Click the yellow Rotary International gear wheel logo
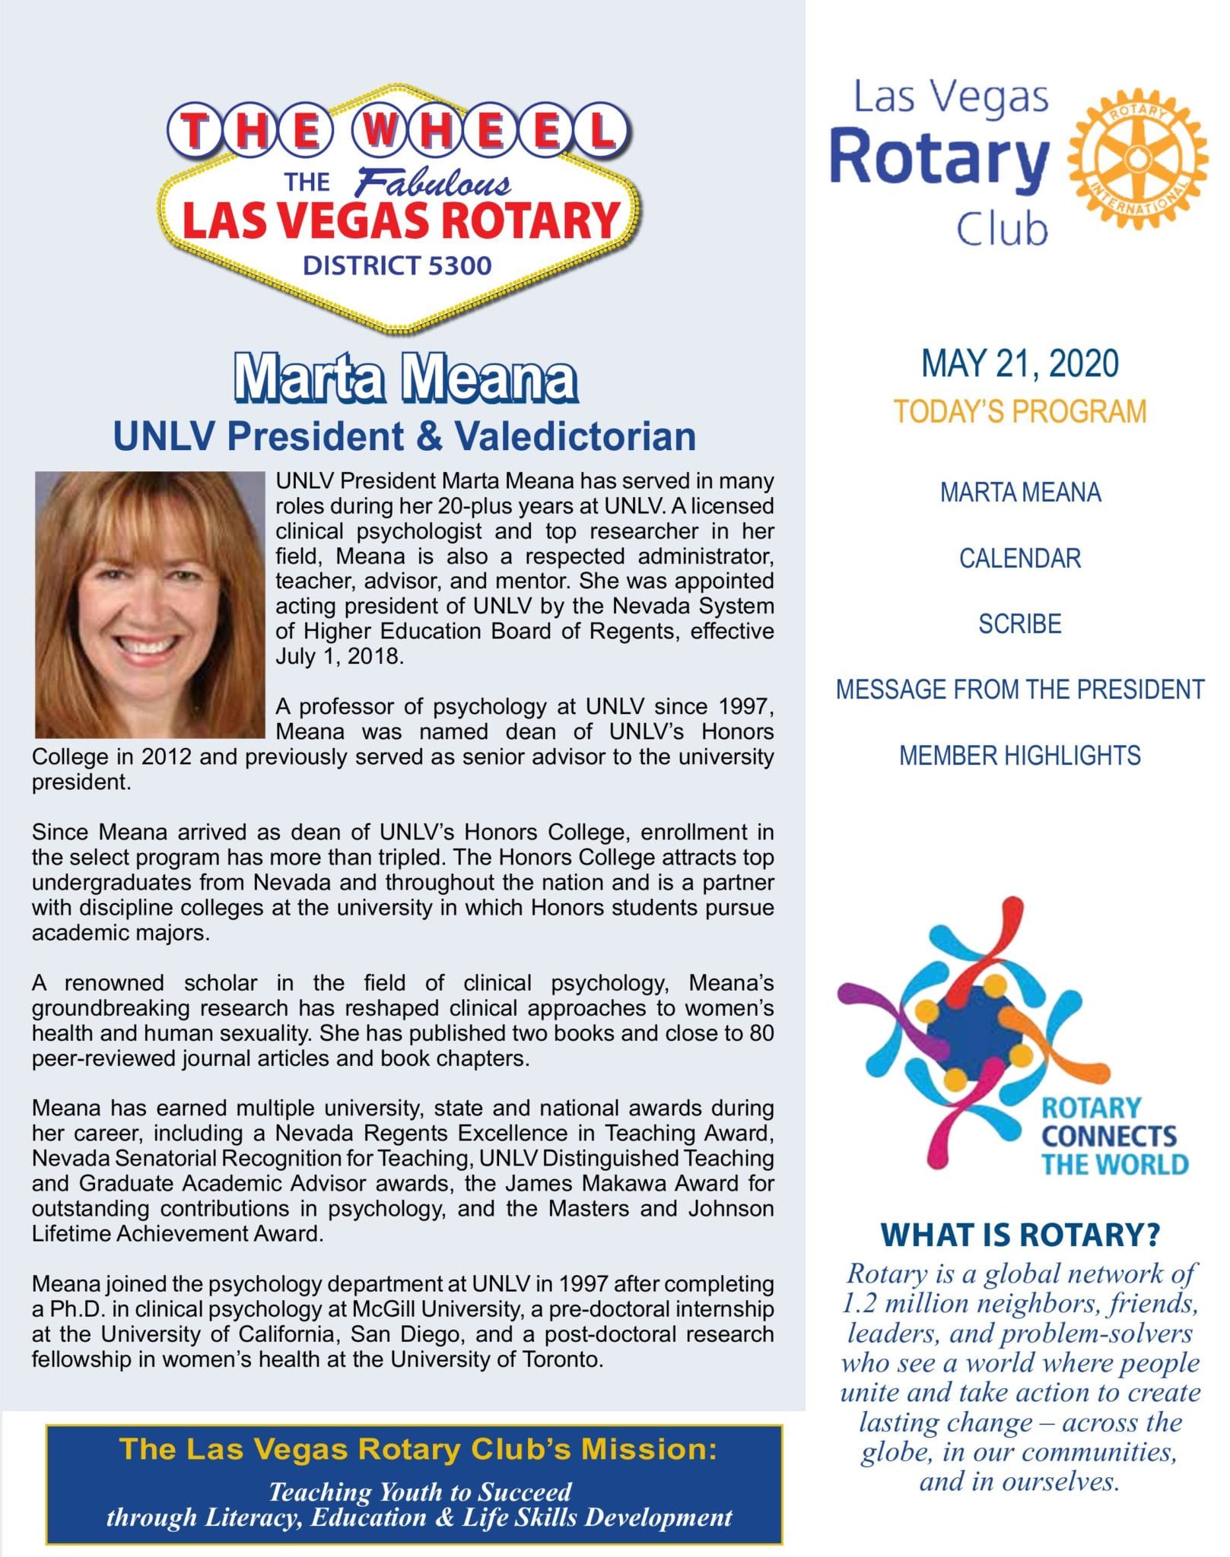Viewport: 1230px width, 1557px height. pos(1137,159)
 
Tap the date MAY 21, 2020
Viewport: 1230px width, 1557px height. pos(1019,363)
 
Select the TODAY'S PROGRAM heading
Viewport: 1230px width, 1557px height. pos(1019,411)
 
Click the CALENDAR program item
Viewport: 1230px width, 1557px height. pos(1019,558)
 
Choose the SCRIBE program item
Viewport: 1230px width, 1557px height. pos(1019,623)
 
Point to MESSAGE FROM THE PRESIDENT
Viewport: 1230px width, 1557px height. pos(1019,690)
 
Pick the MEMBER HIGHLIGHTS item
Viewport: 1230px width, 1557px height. pos(1019,756)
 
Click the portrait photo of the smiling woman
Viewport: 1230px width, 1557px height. pos(149,604)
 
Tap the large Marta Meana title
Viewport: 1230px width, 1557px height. pos(405,378)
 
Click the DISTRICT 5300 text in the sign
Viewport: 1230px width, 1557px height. pos(397,265)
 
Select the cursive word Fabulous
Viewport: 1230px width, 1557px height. pos(434,183)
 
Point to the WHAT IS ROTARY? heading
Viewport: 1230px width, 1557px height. pos(1019,1235)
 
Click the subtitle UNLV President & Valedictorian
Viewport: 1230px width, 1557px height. pos(404,436)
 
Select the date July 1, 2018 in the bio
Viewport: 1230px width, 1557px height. pos(338,656)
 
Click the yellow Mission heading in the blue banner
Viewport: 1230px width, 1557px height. pos(418,1449)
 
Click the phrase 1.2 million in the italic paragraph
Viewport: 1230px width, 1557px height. pos(904,1303)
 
